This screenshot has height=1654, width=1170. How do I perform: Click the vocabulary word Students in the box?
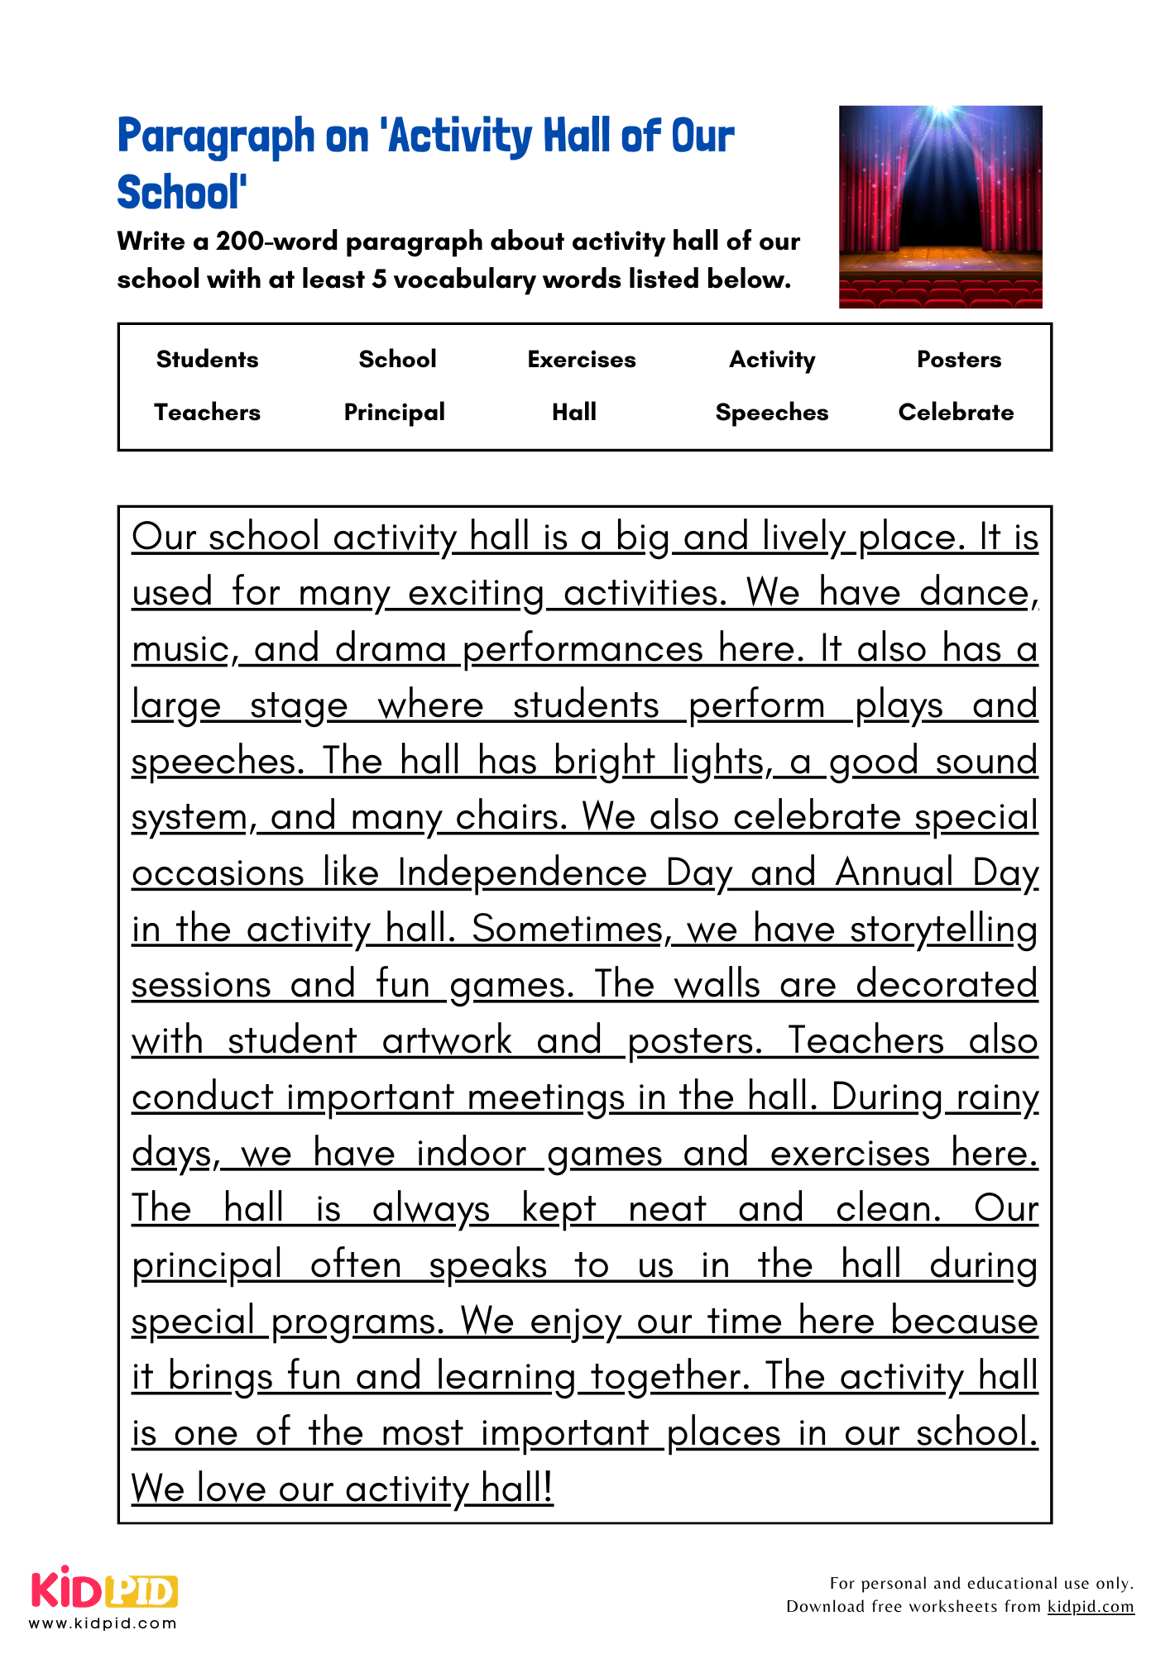(207, 359)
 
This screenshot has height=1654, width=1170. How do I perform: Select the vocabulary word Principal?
(394, 412)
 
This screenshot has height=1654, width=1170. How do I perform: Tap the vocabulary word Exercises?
(582, 359)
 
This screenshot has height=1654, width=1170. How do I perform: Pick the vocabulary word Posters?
(958, 359)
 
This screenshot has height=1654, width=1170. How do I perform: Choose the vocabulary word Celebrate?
(956, 412)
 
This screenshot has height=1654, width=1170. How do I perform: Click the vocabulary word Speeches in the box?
(771, 412)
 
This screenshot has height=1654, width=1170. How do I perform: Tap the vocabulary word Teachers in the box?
(207, 412)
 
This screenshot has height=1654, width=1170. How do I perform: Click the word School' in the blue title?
(181, 193)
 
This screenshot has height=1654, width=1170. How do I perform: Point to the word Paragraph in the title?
(216, 136)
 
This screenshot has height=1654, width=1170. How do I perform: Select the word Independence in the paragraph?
(522, 873)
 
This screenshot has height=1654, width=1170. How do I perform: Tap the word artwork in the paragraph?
(447, 1041)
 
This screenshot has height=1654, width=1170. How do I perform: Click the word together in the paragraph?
(669, 1377)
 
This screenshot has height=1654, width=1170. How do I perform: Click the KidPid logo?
(104, 1589)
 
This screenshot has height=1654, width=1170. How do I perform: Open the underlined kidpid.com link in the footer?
(1090, 1607)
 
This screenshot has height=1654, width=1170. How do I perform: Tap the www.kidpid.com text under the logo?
(103, 1623)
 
